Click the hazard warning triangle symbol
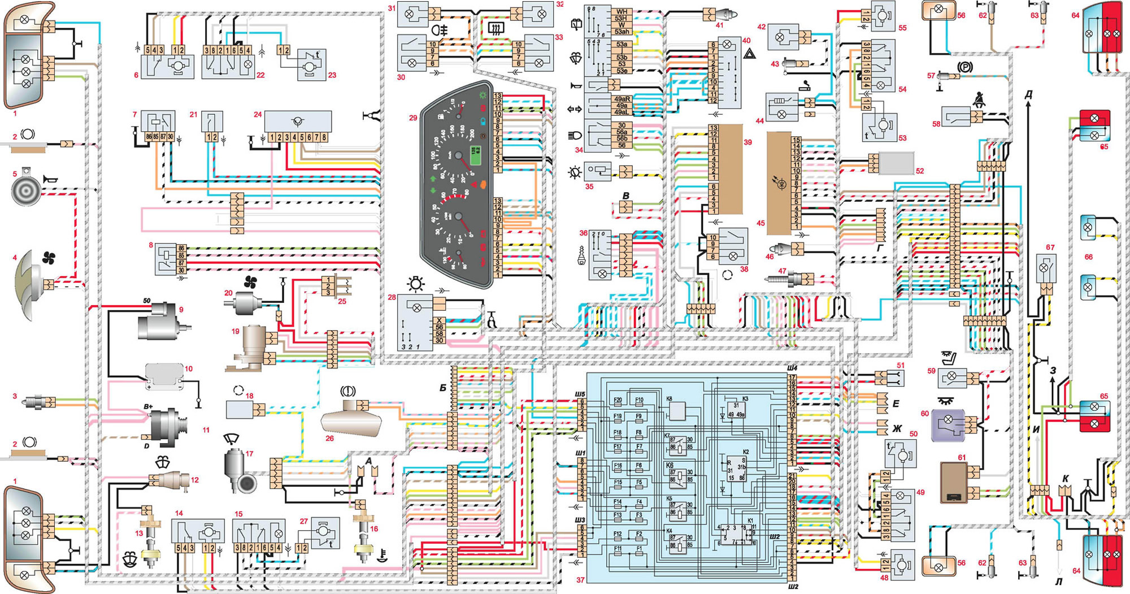pyautogui.click(x=750, y=55)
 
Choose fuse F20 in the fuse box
pyautogui.click(x=618, y=400)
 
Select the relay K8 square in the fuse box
pyautogui.click(x=676, y=411)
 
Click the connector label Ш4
pyautogui.click(x=792, y=368)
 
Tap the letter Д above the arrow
pyautogui.click(x=1028, y=95)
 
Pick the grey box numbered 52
pyautogui.click(x=897, y=163)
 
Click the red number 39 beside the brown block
pyautogui.click(x=747, y=142)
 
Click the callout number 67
pyautogui.click(x=1050, y=248)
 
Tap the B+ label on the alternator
pyautogui.click(x=149, y=406)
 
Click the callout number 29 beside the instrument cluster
pyautogui.click(x=413, y=118)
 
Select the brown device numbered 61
pyautogui.click(x=954, y=482)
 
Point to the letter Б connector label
pyautogui.click(x=443, y=388)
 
